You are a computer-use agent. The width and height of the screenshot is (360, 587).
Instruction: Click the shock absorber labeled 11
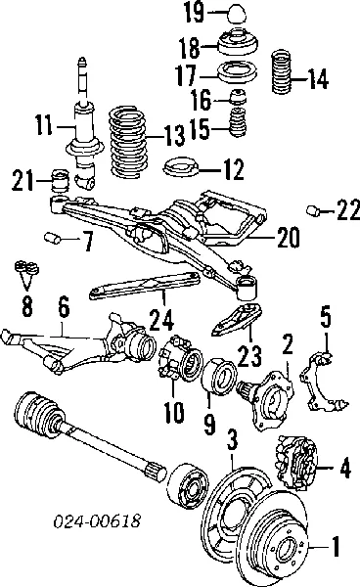tap(80, 127)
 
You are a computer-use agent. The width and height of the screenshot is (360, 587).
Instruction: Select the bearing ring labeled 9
tap(218, 382)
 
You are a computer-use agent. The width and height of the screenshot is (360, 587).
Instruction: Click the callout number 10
tap(172, 413)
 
